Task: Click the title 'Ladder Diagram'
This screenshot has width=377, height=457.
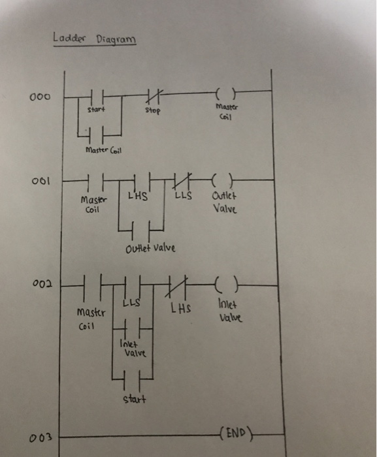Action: click(x=95, y=39)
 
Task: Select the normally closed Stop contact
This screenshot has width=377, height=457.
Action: click(x=152, y=95)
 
